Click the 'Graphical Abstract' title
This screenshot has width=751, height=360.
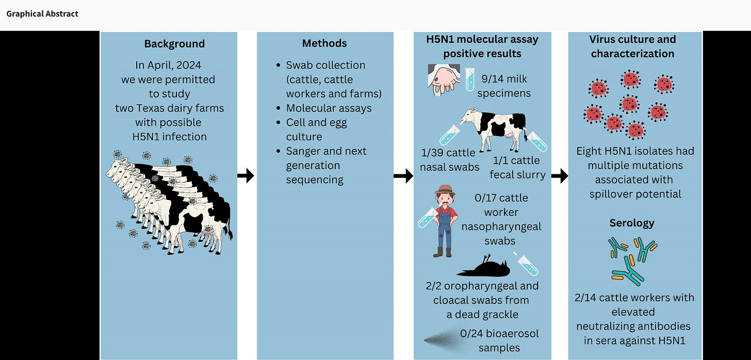(x=42, y=14)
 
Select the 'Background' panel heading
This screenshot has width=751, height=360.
(x=174, y=44)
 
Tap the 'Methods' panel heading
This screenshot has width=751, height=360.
(x=324, y=43)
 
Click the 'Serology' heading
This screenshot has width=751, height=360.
(x=632, y=223)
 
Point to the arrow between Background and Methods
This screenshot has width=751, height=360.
(x=246, y=176)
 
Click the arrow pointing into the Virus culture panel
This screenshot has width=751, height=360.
(x=560, y=176)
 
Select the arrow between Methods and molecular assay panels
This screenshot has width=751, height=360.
(x=403, y=176)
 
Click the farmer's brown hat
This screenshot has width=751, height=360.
(x=445, y=190)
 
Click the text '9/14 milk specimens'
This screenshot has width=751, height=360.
(x=505, y=86)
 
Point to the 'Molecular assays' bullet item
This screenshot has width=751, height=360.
(x=329, y=108)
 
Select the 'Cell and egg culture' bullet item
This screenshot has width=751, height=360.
(x=316, y=129)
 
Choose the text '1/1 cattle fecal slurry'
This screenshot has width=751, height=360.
(x=517, y=168)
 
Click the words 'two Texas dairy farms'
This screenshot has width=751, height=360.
(x=169, y=108)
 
